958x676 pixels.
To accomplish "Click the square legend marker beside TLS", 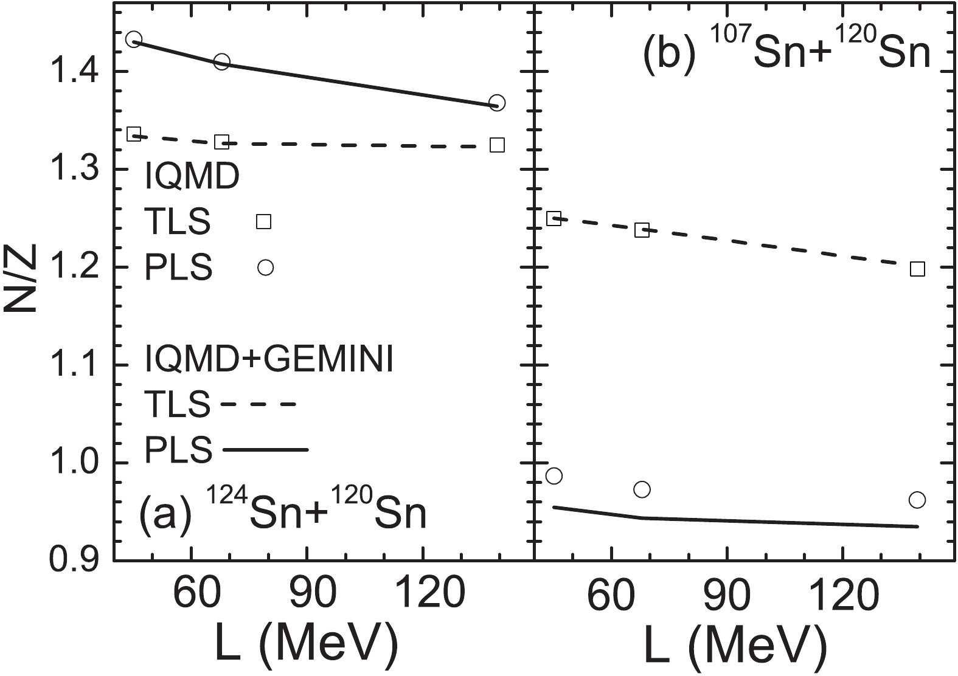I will pyautogui.click(x=263, y=221).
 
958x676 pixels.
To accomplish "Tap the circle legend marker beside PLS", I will pyautogui.click(x=265, y=267).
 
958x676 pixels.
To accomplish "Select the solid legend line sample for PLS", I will pyautogui.click(x=266, y=450).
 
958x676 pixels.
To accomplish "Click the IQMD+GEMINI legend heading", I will pyautogui.click(x=268, y=360).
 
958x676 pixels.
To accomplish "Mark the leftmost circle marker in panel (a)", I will pyautogui.click(x=134, y=40).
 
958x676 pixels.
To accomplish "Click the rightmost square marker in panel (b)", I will pyautogui.click(x=917, y=269).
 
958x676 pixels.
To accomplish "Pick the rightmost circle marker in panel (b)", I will pyautogui.click(x=917, y=500).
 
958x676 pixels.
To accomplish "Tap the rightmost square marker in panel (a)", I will pyautogui.click(x=498, y=145).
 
